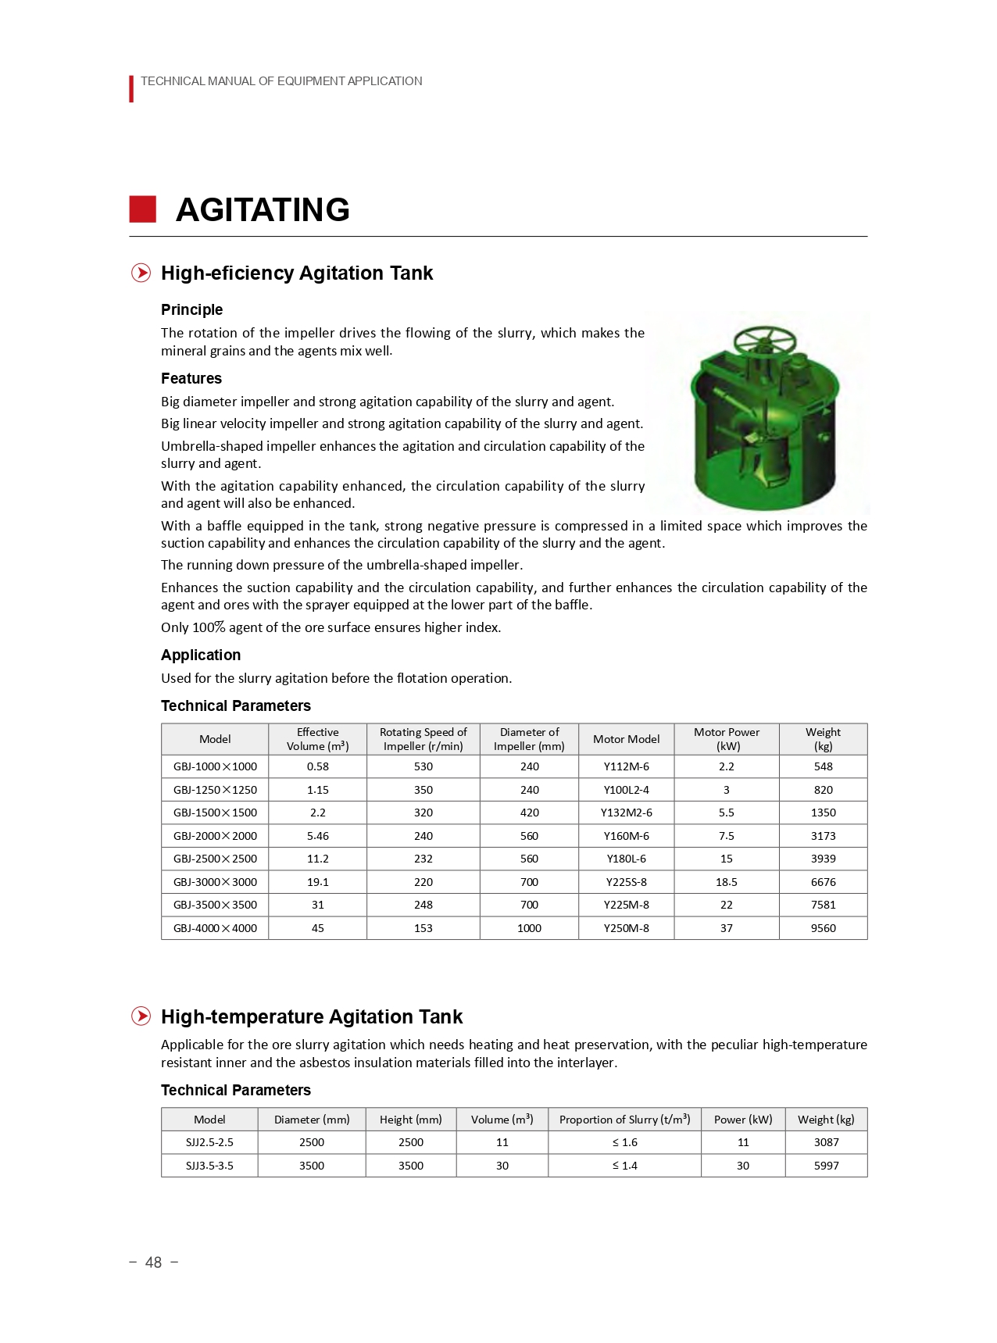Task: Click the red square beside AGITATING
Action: coord(142,209)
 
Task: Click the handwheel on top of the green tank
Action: coord(764,341)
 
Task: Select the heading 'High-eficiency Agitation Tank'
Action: coord(296,273)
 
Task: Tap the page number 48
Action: coord(153,1263)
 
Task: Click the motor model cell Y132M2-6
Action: coord(626,813)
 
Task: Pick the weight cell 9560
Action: coord(823,928)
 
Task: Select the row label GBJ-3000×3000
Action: coord(215,882)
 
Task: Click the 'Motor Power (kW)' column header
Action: coord(726,739)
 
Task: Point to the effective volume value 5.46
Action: coord(317,836)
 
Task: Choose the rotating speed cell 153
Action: coord(423,928)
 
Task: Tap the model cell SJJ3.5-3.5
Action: coord(209,1166)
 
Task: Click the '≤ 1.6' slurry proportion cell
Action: coord(624,1142)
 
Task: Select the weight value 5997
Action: coord(826,1166)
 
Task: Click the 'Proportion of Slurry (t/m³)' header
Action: coord(624,1120)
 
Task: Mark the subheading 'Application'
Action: coord(201,655)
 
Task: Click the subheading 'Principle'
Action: coord(191,310)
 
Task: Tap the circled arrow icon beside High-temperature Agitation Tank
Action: coord(141,1016)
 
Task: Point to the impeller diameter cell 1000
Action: coord(529,928)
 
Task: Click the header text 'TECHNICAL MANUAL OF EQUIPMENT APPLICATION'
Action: coord(281,81)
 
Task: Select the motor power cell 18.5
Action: coord(726,882)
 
